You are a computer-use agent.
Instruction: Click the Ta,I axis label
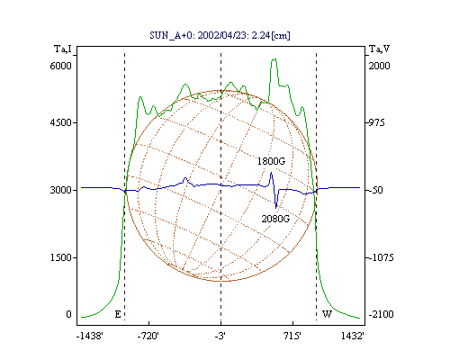(x=63, y=49)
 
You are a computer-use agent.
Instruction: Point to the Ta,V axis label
(x=379, y=49)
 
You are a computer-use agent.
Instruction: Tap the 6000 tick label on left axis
(x=61, y=66)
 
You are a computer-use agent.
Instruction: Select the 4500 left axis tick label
(x=61, y=122)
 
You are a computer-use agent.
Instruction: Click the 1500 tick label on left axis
(x=61, y=257)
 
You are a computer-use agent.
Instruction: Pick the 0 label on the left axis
(x=68, y=314)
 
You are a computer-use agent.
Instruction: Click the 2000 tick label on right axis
(x=379, y=66)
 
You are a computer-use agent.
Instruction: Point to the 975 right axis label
(x=376, y=122)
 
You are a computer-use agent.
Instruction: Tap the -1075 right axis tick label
(x=381, y=257)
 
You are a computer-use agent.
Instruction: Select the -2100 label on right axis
(x=381, y=314)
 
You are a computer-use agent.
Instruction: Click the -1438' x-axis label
(x=90, y=336)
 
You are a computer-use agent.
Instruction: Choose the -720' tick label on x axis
(x=148, y=336)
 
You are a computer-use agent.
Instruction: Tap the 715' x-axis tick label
(x=292, y=336)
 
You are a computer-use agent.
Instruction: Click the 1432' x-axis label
(x=353, y=336)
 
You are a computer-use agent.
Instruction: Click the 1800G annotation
(x=271, y=161)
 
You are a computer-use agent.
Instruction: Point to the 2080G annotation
(x=275, y=219)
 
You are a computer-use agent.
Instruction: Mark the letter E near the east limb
(x=118, y=314)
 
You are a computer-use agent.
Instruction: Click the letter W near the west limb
(x=327, y=314)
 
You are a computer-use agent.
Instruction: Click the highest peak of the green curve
(x=274, y=59)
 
